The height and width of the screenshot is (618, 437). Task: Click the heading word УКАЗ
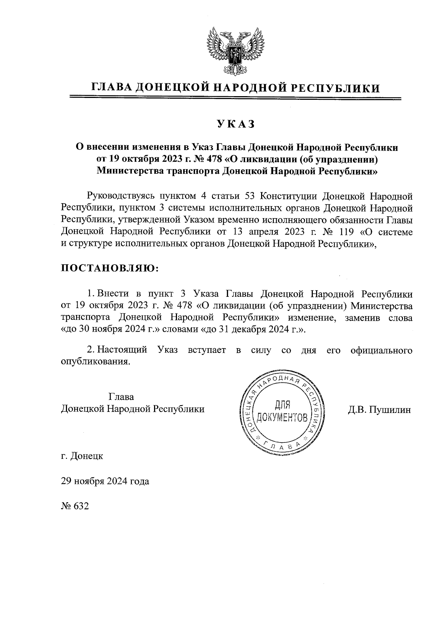[235, 124]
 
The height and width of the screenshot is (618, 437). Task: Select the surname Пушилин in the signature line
[390, 410]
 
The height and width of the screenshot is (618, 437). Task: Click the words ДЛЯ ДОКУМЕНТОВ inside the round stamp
[282, 410]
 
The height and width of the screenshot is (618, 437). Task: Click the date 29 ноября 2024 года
[105, 481]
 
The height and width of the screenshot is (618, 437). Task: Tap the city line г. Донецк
[82, 456]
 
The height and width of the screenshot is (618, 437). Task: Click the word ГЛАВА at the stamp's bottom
[283, 445]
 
